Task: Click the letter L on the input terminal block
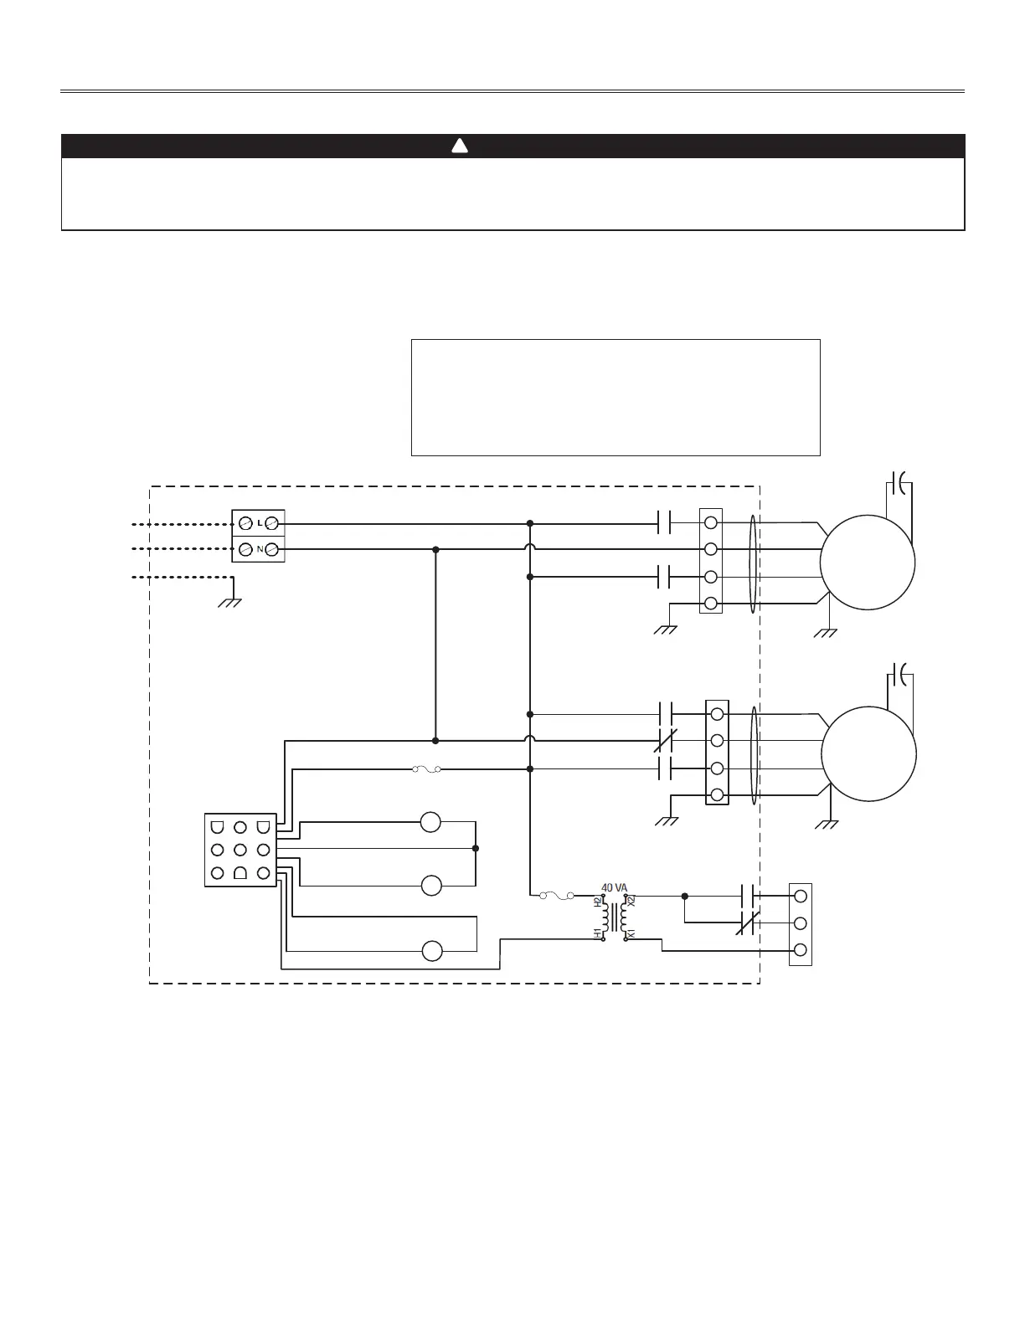[x=259, y=523]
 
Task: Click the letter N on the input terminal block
[x=259, y=550]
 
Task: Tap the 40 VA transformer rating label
[x=614, y=887]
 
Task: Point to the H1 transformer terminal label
[x=598, y=933]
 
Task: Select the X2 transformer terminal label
[x=632, y=902]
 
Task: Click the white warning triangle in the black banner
[x=459, y=146]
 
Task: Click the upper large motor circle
[x=868, y=563]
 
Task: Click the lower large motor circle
[x=868, y=754]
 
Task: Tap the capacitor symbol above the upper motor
[x=899, y=483]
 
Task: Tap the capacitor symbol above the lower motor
[x=899, y=672]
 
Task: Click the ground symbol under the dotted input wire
[x=229, y=601]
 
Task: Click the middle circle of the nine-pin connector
[x=240, y=850]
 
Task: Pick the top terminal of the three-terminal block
[x=800, y=896]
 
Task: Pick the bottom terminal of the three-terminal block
[x=800, y=949]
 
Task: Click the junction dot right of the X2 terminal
[x=685, y=896]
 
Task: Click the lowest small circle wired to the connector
[x=431, y=951]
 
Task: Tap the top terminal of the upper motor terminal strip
[x=711, y=523]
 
